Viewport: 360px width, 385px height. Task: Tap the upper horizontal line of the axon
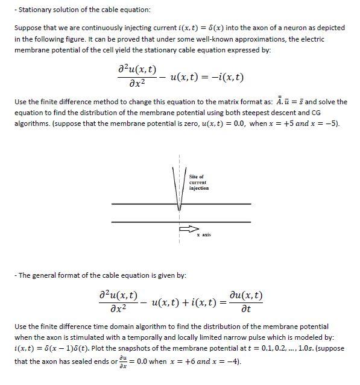point(181,205)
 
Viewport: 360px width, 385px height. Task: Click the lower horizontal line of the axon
point(181,222)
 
